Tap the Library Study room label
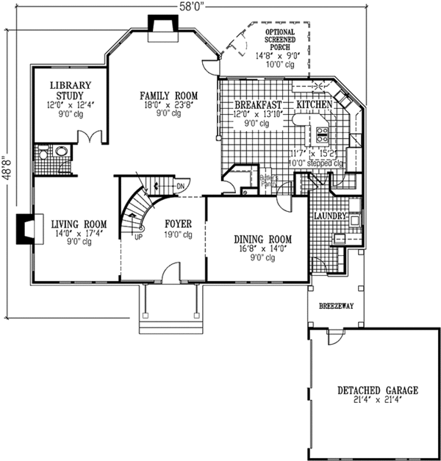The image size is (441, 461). (71, 90)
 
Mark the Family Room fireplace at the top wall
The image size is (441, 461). (159, 24)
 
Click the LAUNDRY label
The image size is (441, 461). (329, 217)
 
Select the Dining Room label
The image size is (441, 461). (262, 239)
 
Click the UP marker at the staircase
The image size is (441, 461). (137, 237)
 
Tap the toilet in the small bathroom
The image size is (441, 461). (43, 153)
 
